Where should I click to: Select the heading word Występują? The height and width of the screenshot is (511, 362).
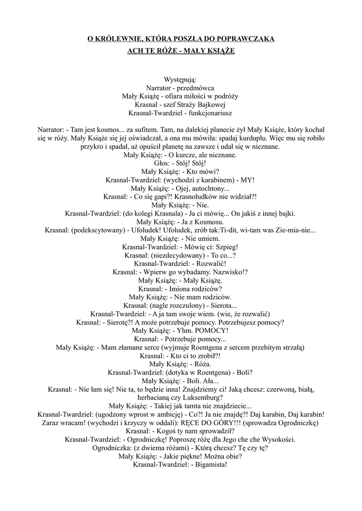(180, 79)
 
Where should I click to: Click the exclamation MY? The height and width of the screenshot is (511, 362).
(246, 180)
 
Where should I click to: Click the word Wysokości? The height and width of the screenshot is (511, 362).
(274, 439)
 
